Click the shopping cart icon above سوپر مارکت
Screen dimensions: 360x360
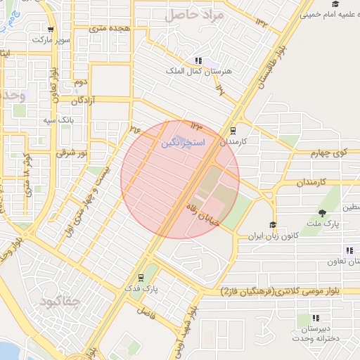click(x=51, y=30)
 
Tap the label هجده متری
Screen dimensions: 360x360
click(x=108, y=28)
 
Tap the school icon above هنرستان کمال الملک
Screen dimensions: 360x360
click(x=199, y=60)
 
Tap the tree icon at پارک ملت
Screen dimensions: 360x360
click(x=323, y=213)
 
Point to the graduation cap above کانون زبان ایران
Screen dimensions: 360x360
click(x=272, y=225)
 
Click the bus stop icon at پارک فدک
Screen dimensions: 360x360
click(x=141, y=277)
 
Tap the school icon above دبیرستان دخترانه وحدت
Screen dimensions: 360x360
click(x=316, y=318)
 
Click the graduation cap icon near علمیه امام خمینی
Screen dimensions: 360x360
click(x=335, y=4)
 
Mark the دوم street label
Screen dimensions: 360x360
click(x=80, y=83)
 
